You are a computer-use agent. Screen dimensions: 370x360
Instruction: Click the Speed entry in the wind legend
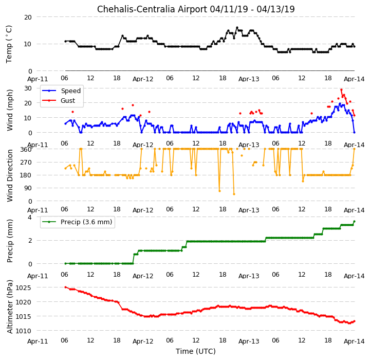click(71, 91)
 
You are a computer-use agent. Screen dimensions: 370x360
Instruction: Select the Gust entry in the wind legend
click(68, 101)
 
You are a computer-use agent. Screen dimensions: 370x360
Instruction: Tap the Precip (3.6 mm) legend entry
click(86, 222)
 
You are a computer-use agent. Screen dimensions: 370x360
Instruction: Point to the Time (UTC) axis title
click(196, 351)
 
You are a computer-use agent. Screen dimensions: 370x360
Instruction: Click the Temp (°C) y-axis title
click(9, 44)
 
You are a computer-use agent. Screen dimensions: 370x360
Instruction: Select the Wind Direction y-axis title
click(9, 175)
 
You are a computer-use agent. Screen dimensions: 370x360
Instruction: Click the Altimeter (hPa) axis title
click(9, 307)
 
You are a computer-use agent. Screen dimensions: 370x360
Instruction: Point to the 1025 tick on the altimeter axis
click(23, 287)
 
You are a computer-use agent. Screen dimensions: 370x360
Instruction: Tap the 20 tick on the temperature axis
click(28, 17)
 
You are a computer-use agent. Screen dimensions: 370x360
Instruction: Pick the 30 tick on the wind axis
click(28, 88)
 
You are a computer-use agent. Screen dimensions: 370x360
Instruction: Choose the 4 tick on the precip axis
click(30, 217)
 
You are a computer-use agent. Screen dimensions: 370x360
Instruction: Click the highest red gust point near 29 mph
click(341, 90)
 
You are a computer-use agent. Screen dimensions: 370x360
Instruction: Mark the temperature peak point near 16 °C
click(237, 28)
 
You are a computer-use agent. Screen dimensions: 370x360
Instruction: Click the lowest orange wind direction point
click(234, 194)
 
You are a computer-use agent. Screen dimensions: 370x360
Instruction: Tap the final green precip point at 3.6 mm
click(354, 221)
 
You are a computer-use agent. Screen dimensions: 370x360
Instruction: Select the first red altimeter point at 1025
click(66, 287)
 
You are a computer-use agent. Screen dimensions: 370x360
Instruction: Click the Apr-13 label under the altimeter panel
click(249, 341)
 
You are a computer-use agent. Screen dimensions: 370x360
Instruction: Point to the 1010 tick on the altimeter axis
click(23, 331)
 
